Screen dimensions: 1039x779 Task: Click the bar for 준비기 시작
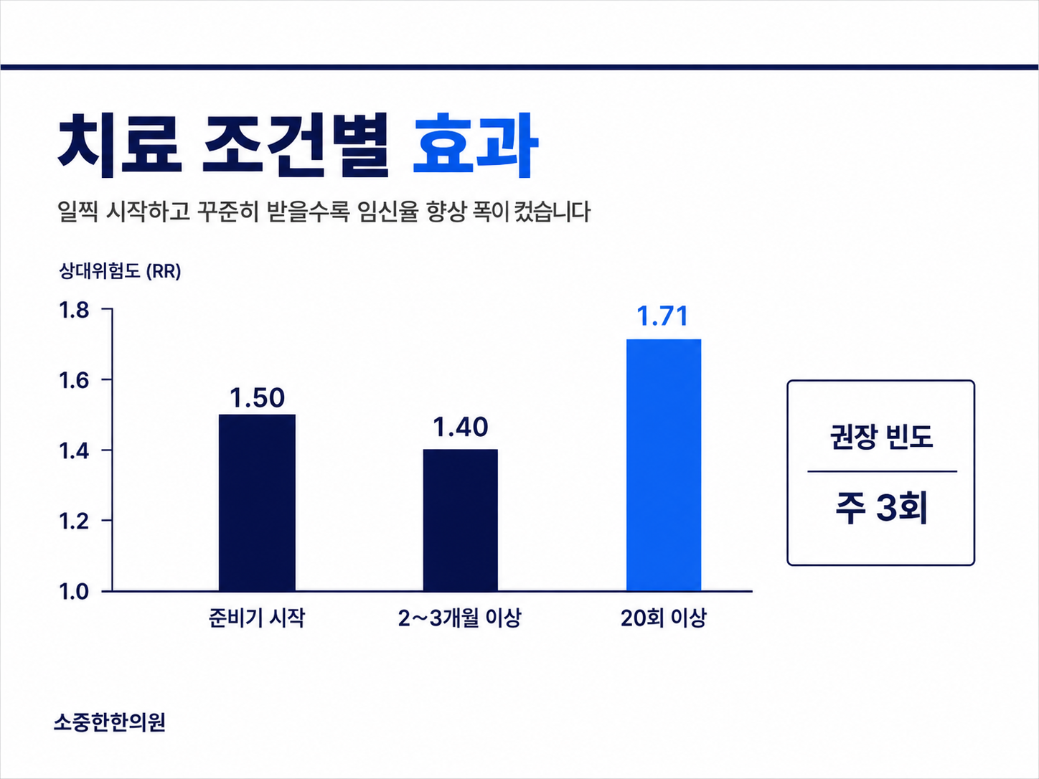(257, 502)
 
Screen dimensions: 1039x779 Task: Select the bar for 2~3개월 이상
(460, 520)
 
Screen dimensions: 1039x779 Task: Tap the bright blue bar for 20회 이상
(664, 465)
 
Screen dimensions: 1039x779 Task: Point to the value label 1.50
(257, 398)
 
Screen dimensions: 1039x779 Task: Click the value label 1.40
(460, 427)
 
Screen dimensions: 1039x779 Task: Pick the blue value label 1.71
(662, 316)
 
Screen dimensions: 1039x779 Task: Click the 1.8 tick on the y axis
(74, 311)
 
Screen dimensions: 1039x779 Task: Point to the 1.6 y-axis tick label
(74, 380)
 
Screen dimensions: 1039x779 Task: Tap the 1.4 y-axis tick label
(74, 450)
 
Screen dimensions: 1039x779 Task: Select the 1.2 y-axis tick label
(74, 521)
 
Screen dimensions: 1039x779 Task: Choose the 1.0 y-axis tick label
(74, 592)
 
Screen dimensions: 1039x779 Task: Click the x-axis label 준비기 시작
(257, 618)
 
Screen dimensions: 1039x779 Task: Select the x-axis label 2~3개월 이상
(459, 618)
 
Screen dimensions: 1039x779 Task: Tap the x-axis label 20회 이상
(663, 618)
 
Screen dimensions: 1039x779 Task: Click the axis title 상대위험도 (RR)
(120, 271)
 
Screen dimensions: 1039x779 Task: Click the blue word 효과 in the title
(476, 145)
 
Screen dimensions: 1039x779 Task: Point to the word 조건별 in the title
(296, 145)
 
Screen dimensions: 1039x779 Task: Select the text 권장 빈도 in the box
(881, 437)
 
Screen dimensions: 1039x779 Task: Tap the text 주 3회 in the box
(881, 508)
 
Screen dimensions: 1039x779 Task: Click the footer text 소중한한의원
(110, 722)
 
